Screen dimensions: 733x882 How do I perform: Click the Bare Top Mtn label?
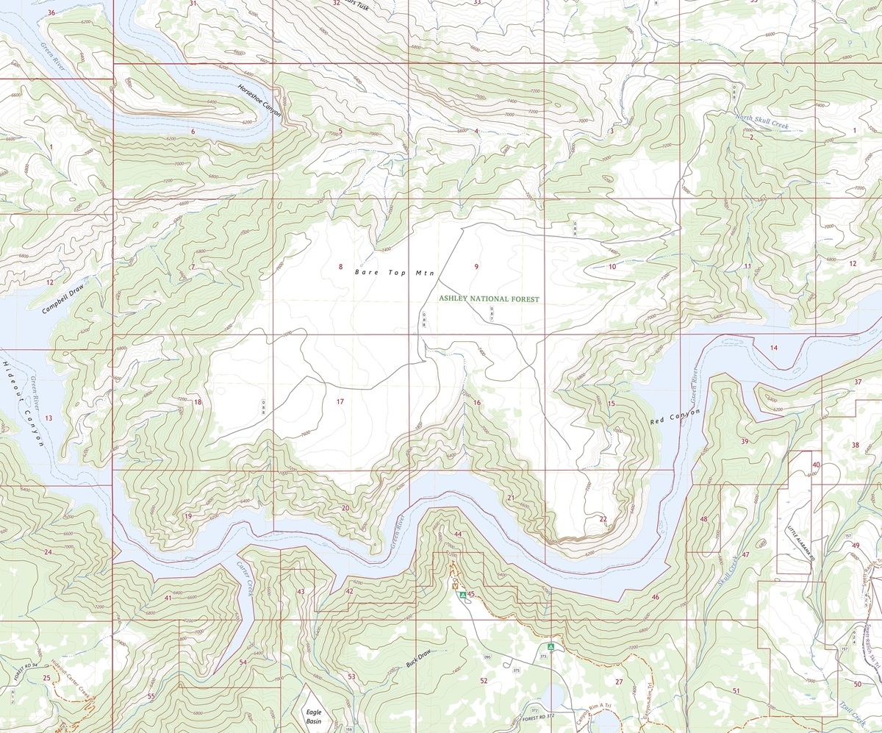coord(395,272)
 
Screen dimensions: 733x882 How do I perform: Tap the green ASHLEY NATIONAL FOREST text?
coord(489,299)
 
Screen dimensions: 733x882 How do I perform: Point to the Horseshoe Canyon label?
coord(259,98)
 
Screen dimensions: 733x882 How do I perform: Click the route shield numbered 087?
coord(492,315)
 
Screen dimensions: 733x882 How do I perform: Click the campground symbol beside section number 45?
coord(462,594)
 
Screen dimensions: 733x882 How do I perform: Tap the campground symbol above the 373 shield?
coord(550,647)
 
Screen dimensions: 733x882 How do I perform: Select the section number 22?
coord(603,519)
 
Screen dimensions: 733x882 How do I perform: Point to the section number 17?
coord(340,401)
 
